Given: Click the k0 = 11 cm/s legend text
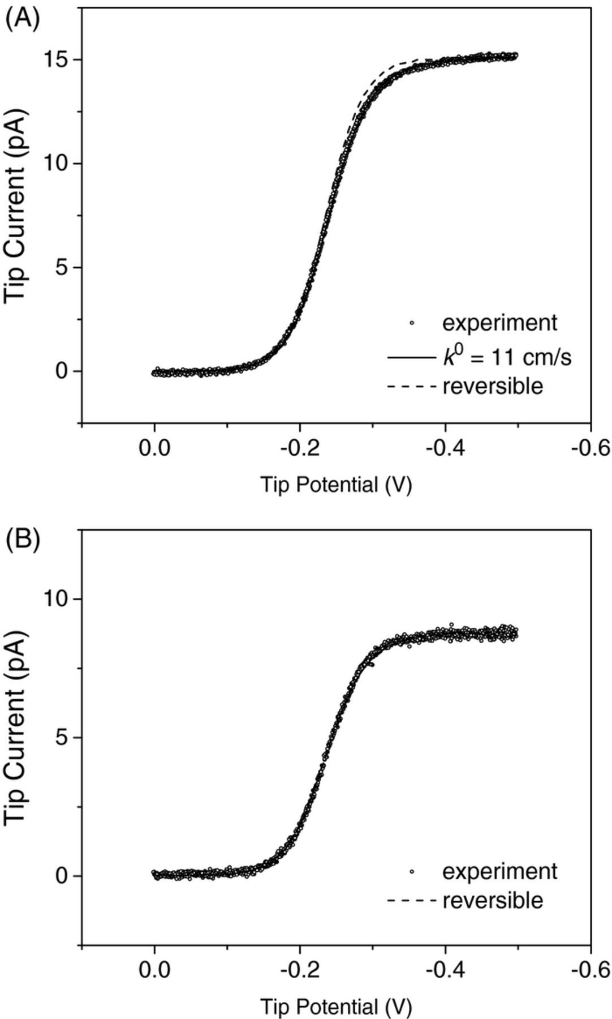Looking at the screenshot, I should (506, 357).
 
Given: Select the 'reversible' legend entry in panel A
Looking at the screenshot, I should (493, 386).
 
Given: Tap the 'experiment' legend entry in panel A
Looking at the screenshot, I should (499, 323).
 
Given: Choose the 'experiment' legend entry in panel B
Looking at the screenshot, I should (499, 871).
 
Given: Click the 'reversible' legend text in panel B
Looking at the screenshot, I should (493, 900).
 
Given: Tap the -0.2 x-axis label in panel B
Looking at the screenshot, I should (300, 971).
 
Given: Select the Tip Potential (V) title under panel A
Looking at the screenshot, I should (336, 485).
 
